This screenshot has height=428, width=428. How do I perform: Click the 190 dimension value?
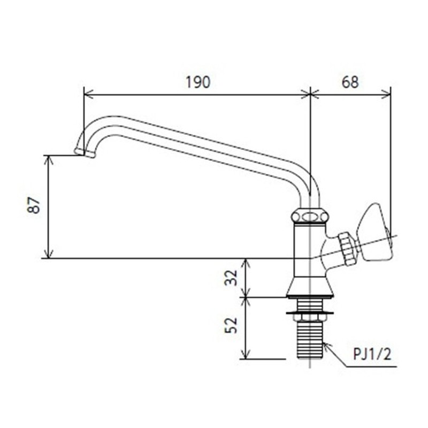(x=198, y=82)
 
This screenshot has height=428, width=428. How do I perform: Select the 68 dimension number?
(x=350, y=82)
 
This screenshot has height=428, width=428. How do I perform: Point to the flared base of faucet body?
(x=310, y=287)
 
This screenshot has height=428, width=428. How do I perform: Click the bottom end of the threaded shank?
(x=310, y=356)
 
